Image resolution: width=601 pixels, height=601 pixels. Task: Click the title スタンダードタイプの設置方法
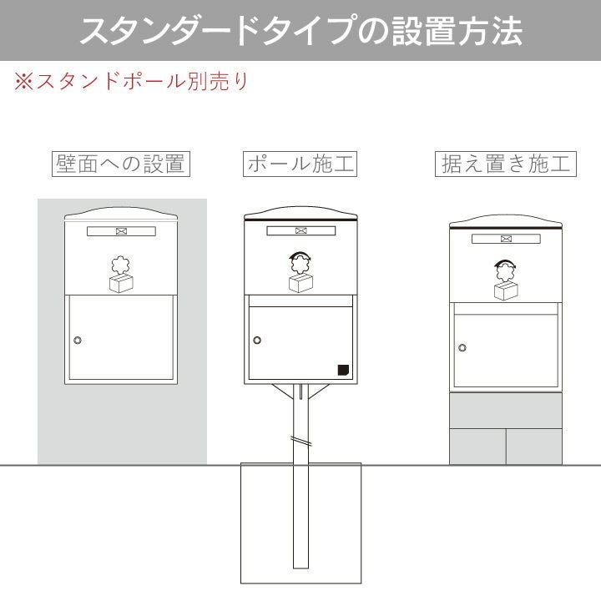[x=301, y=31]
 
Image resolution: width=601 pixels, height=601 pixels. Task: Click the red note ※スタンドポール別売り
[x=132, y=81]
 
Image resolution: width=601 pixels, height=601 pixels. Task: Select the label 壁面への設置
[x=121, y=164]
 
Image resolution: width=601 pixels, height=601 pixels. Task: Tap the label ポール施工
[x=300, y=164]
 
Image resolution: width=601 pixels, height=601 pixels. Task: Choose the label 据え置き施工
[x=506, y=164]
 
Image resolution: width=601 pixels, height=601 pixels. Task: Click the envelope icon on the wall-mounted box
[x=122, y=231]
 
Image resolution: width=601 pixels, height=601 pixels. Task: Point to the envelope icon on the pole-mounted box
[x=301, y=230]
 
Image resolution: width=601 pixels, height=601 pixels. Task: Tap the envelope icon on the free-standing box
[x=507, y=239]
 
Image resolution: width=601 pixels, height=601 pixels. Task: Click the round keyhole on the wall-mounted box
[x=78, y=340]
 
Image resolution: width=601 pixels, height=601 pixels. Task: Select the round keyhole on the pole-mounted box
[x=257, y=340]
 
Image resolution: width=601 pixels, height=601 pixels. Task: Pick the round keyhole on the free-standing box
[x=462, y=347]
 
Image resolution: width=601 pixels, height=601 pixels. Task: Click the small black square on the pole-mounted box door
[x=343, y=370]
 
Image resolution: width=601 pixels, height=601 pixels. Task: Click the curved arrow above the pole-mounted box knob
[x=300, y=255]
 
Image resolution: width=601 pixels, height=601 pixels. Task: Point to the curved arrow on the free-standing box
[x=505, y=263]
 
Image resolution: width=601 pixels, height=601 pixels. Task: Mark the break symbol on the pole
[x=300, y=441]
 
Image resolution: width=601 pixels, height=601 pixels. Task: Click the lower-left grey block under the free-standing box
[x=477, y=447]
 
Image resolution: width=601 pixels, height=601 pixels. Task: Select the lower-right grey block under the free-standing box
[x=534, y=447]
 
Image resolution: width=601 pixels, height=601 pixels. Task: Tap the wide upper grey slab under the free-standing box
[x=506, y=411]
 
